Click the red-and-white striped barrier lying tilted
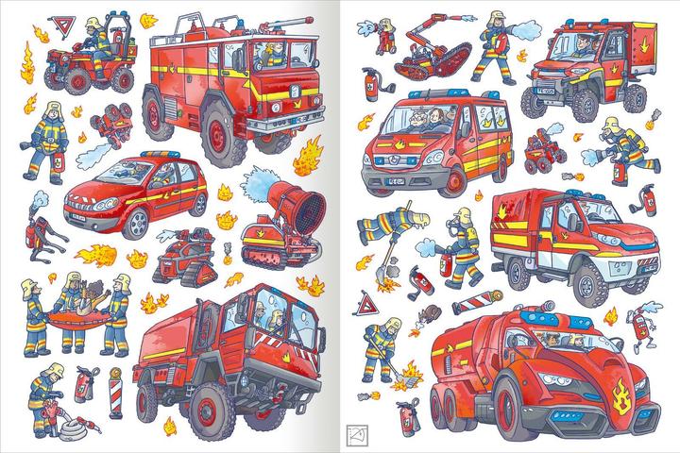tap(474, 303)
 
